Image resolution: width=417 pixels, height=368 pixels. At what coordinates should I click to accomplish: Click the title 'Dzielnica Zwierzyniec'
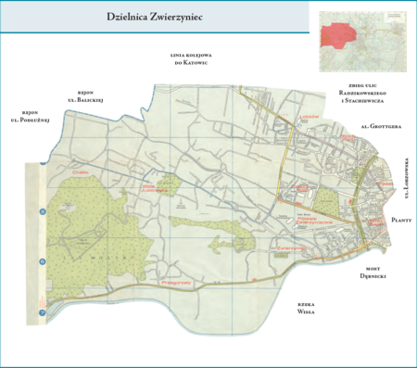156,18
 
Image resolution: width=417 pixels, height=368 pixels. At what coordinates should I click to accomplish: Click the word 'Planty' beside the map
400,220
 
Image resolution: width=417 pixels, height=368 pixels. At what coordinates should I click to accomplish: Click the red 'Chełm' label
80,171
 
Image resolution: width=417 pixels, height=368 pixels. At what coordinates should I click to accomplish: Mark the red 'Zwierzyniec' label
291,248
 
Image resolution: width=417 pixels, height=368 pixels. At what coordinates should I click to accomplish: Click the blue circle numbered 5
42,213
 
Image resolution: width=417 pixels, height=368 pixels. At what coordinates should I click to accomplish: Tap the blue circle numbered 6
42,262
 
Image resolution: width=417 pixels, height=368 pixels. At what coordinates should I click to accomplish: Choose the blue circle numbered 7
42,314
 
